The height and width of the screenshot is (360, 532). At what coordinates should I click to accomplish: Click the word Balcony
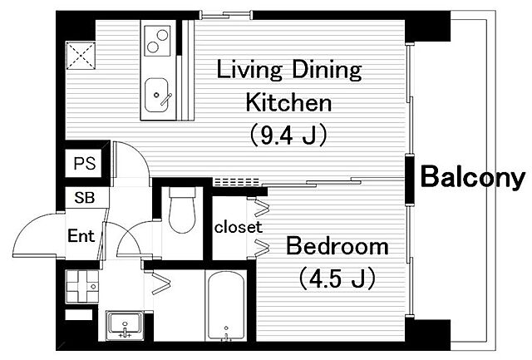[x=473, y=178]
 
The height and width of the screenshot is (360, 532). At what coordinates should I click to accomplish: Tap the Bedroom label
[x=337, y=246]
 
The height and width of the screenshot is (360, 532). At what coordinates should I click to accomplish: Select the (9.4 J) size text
[x=288, y=135]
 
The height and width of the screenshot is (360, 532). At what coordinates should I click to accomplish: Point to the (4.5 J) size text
[x=337, y=278]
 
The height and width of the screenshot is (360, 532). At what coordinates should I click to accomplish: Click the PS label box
[x=85, y=164]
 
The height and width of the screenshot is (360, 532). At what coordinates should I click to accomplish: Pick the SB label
[x=85, y=198]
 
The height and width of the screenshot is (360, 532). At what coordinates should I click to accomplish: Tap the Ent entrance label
[x=81, y=236]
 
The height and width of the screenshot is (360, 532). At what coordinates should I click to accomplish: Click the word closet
[x=239, y=227]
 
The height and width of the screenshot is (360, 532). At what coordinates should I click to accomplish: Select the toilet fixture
[x=182, y=210]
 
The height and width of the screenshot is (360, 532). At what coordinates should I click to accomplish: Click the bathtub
[x=226, y=304]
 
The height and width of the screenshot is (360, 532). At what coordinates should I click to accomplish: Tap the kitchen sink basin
[x=156, y=95]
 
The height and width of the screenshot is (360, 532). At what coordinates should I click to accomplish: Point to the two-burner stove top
[x=157, y=41]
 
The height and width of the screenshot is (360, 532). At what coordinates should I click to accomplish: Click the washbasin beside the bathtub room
[x=125, y=325]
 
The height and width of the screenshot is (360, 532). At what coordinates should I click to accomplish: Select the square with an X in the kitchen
[x=81, y=56]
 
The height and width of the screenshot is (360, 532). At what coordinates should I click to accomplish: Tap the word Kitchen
[x=288, y=102]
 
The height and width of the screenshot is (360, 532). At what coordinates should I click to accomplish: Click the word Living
[x=249, y=70]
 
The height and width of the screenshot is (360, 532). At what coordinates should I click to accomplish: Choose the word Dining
[x=327, y=70]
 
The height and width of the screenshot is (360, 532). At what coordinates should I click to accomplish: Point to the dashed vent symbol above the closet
[x=237, y=182]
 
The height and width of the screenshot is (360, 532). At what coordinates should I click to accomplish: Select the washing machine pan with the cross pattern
[x=82, y=286]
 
